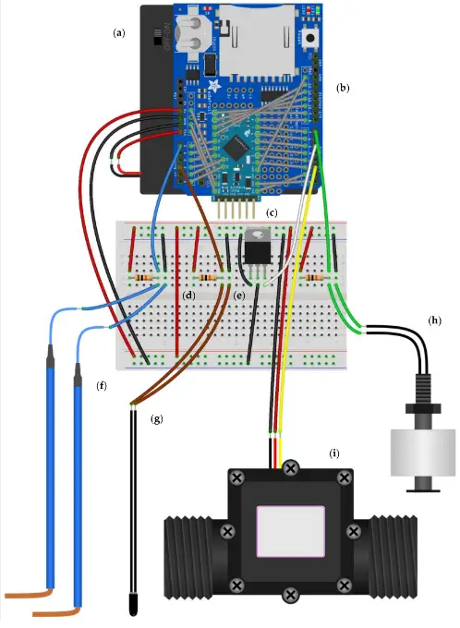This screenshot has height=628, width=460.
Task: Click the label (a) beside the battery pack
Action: coord(118,32)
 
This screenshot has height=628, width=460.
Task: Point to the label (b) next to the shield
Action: coord(343,89)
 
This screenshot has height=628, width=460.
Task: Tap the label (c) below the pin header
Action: coord(272,214)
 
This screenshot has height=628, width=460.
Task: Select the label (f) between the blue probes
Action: coord(102,382)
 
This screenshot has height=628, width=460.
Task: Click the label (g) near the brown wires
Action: coord(156,418)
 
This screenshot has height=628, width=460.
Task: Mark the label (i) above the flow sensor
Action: coord(335,453)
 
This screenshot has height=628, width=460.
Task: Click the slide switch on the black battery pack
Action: coord(155,41)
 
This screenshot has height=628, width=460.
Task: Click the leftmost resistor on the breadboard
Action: coord(143,277)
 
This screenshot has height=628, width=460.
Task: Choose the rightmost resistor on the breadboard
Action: coord(319,277)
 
